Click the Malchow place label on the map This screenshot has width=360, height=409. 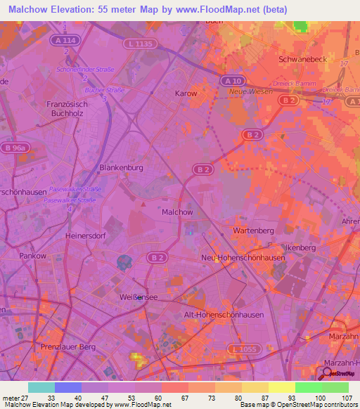click(177, 212)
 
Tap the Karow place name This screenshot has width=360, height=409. click(186, 93)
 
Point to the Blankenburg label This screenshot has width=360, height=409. click(122, 169)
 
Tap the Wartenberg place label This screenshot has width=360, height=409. click(252, 231)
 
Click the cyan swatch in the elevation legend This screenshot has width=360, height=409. click(41, 387)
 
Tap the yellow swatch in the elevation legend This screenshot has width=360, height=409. click(282, 387)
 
